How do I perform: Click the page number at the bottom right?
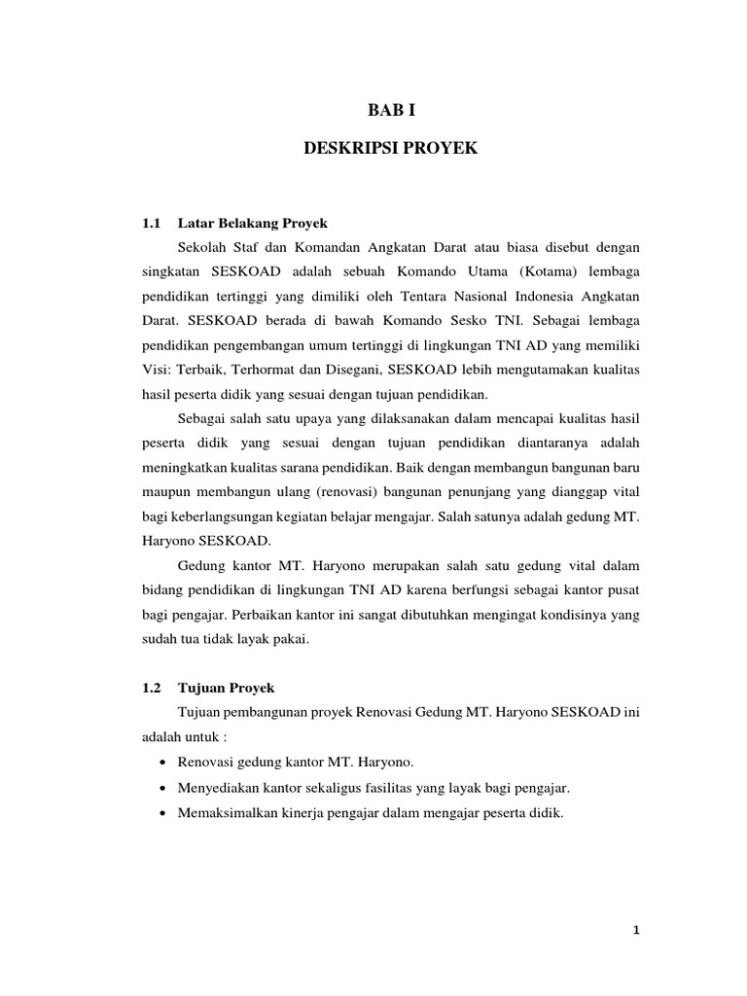point(635,930)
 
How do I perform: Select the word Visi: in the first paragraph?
point(160,371)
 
